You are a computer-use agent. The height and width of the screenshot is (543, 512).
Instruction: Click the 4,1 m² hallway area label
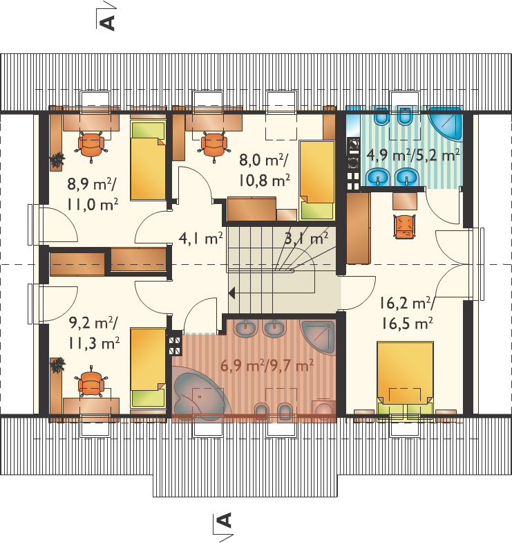200,239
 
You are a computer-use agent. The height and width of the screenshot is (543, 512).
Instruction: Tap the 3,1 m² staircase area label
306,238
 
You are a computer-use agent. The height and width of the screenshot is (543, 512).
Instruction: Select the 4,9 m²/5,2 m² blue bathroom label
413,155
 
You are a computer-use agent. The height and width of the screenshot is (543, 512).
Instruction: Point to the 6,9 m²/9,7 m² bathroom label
267,365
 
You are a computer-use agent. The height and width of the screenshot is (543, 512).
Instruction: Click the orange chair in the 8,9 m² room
91,145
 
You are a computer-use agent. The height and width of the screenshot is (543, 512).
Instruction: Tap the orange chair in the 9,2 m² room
91,382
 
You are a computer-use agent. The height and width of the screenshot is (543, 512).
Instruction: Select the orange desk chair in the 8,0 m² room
214,145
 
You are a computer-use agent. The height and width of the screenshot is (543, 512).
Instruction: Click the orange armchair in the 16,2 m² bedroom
405,226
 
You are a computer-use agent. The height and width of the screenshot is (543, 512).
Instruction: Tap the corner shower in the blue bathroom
446,124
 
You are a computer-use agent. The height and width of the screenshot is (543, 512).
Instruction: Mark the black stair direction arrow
231,293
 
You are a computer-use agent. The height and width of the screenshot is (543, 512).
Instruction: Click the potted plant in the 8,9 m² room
57,160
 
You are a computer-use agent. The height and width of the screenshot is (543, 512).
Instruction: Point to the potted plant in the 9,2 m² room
57,365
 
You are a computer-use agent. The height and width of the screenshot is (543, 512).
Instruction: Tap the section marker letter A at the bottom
224,520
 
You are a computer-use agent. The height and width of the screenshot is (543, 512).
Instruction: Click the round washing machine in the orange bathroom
324,410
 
